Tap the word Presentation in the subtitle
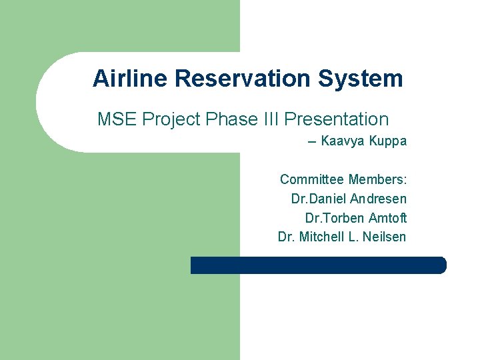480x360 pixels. [336, 120]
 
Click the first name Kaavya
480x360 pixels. [343, 141]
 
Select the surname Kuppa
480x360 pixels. [387, 141]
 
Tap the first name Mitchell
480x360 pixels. [322, 237]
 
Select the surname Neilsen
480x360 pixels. [384, 237]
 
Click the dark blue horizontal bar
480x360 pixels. [318, 265]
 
